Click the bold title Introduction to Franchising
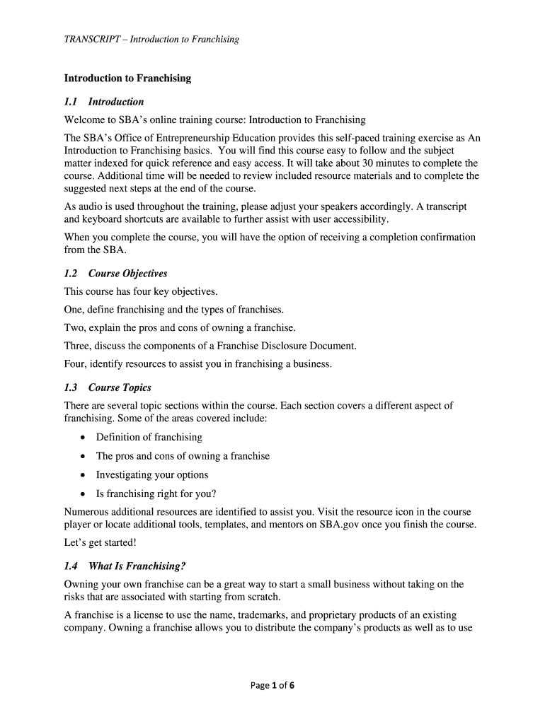[x=127, y=78]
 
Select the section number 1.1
[x=71, y=101]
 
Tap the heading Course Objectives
[x=127, y=274]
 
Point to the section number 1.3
[x=71, y=387]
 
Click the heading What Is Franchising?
[x=137, y=566]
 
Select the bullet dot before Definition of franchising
[x=84, y=438]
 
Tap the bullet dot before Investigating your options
[x=84, y=475]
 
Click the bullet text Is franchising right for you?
[x=156, y=494]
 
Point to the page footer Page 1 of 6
[x=272, y=685]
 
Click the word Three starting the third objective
[x=76, y=346]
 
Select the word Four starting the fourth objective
[x=75, y=364]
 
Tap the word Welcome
[x=84, y=119]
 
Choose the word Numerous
[x=86, y=511]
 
